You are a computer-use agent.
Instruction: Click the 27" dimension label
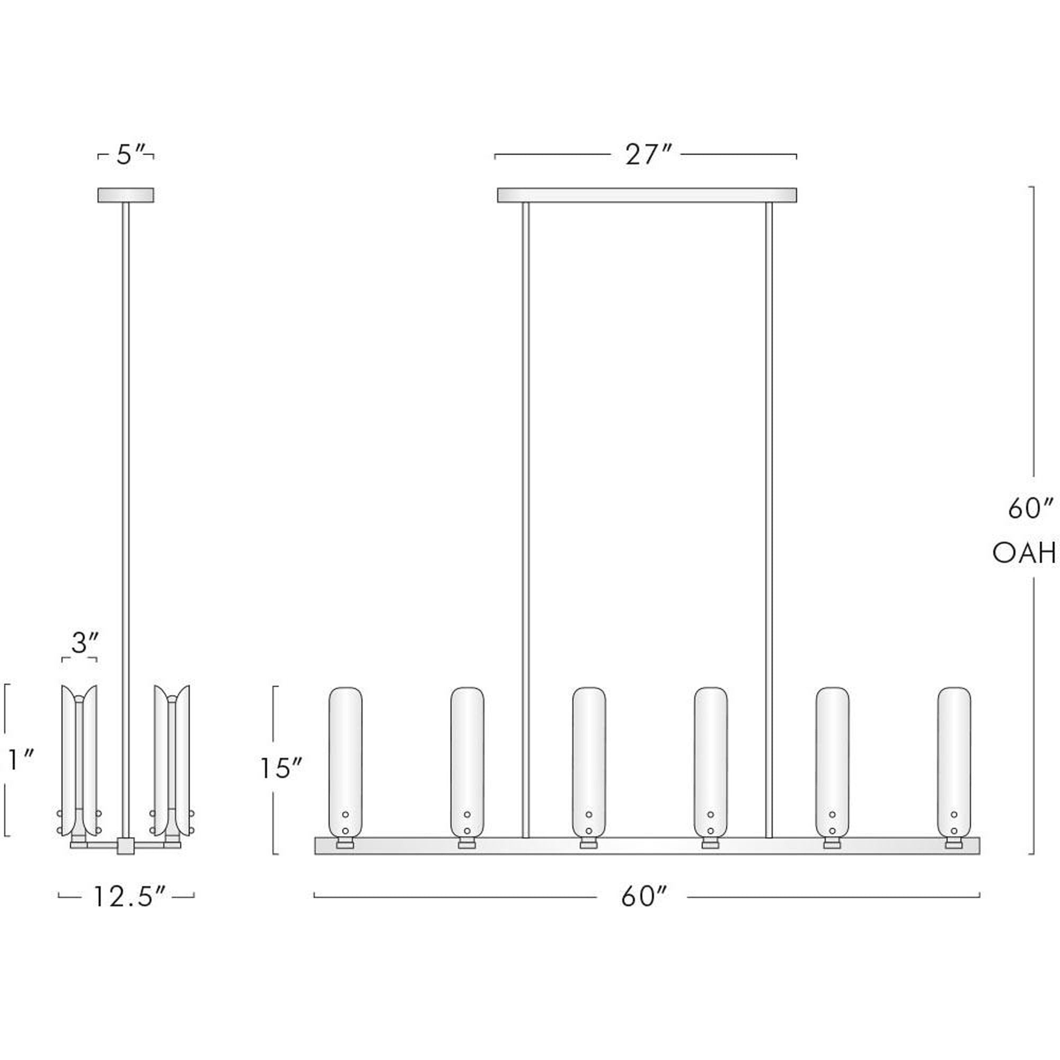tap(648, 155)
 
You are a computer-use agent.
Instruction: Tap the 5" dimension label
tap(130, 155)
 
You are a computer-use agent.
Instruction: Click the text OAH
tap(1024, 554)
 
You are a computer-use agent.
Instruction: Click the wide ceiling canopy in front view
tap(646, 196)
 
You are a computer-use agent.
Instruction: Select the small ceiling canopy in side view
tap(126, 196)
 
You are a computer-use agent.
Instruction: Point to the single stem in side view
tap(126, 494)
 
